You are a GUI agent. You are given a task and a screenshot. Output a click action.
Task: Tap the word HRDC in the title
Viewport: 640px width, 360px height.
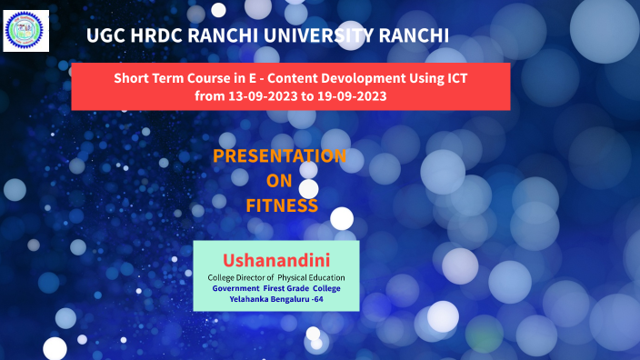pyautogui.click(x=160, y=36)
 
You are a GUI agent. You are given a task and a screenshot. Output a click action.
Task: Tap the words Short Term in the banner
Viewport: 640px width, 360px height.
pyautogui.click(x=146, y=78)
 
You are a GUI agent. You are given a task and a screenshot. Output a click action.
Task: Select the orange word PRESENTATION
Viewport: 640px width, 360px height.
pyautogui.click(x=279, y=156)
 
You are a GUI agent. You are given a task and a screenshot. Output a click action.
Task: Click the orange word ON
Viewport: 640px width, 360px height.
pyautogui.click(x=279, y=181)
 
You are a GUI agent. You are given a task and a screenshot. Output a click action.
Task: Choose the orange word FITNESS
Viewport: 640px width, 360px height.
pyautogui.click(x=281, y=206)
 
